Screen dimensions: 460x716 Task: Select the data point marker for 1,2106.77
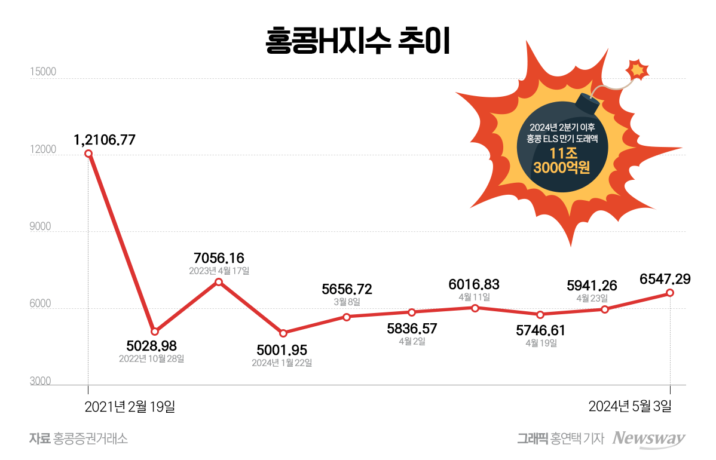(x=88, y=154)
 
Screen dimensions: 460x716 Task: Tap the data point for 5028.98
(x=155, y=331)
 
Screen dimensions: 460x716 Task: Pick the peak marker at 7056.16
(x=219, y=282)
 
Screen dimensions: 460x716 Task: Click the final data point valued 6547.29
(x=670, y=293)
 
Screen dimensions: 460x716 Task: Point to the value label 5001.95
(x=282, y=350)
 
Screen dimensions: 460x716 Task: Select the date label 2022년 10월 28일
(x=152, y=359)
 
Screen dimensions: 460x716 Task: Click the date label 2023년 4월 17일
(x=219, y=271)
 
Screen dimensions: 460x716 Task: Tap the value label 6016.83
(x=475, y=284)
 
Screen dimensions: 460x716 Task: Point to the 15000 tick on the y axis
(x=43, y=72)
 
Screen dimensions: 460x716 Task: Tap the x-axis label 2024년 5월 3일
(x=631, y=407)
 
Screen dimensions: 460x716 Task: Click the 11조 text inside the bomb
(x=561, y=153)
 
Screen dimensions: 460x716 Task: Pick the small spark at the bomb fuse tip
(x=638, y=70)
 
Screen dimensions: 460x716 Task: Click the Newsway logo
(x=649, y=438)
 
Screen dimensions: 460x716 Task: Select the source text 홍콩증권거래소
(x=90, y=438)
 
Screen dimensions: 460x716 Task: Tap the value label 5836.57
(x=412, y=328)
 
